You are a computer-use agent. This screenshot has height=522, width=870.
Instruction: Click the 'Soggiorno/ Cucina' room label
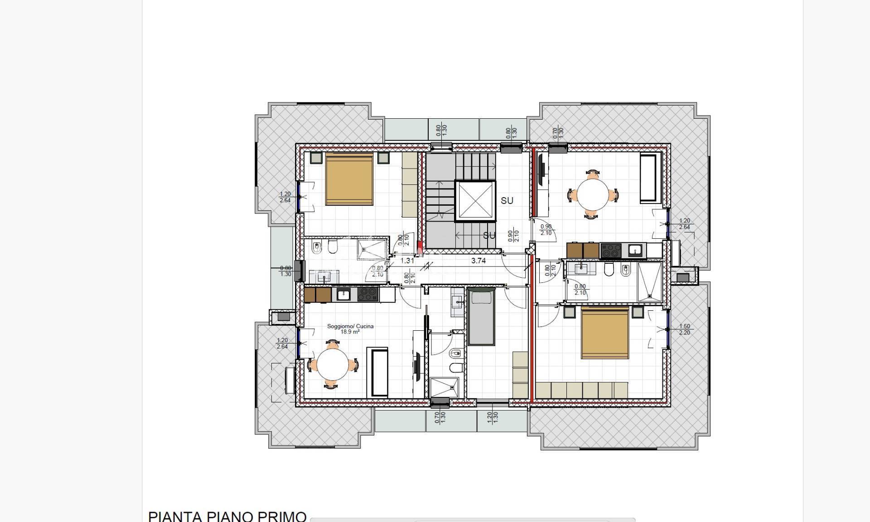tap(350, 326)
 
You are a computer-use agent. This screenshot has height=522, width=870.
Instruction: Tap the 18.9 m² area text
tap(350, 332)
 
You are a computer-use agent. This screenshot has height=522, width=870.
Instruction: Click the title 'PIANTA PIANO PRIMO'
tap(227, 516)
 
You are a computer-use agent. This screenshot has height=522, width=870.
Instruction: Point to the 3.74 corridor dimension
tap(478, 261)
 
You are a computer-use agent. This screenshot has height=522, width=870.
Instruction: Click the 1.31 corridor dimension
tap(407, 261)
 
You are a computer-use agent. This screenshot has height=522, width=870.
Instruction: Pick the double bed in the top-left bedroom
tap(349, 179)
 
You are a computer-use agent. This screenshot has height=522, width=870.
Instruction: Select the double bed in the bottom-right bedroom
tap(605, 333)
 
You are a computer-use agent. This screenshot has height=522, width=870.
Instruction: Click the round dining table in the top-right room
tap(592, 194)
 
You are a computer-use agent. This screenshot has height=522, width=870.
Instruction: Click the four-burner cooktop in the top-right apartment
tap(611, 251)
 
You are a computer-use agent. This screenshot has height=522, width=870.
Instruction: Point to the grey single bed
tap(481, 317)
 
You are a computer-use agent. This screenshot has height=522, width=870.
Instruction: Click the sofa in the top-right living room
tap(651, 179)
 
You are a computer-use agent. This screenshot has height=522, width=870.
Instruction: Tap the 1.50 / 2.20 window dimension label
tap(684, 329)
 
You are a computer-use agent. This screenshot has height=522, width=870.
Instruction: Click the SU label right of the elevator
tap(507, 200)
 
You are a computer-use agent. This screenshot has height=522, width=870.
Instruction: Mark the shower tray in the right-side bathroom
tap(649, 282)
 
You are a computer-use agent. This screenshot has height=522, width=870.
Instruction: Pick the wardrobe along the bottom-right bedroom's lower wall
tap(581, 390)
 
